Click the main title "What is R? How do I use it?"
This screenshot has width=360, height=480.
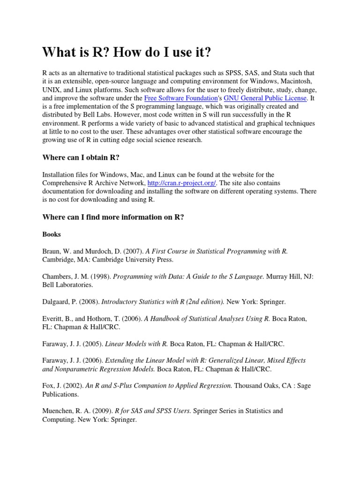pyautogui.click(x=127, y=52)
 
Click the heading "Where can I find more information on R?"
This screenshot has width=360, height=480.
pyautogui.click(x=113, y=217)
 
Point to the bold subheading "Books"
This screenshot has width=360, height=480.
pyautogui.click(x=52, y=234)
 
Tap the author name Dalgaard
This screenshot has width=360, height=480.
pyautogui.click(x=58, y=301)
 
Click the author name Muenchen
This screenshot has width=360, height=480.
pyautogui.click(x=60, y=411)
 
